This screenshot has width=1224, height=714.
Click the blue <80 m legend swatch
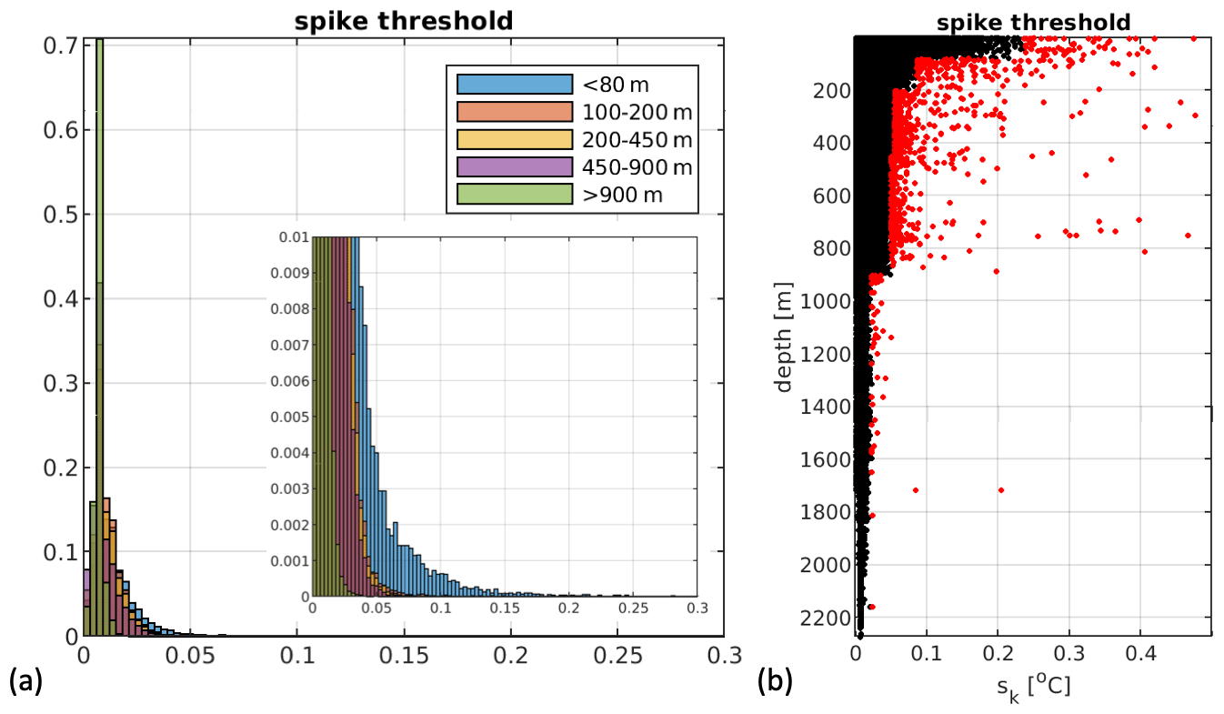[513, 85]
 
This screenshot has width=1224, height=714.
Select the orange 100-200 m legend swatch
[513, 112]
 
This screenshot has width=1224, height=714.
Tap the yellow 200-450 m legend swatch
[513, 139]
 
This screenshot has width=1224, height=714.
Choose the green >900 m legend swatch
[513, 194]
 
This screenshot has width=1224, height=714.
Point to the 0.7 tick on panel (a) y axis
[60, 45]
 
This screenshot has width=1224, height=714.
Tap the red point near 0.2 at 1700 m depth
[1000, 489]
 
